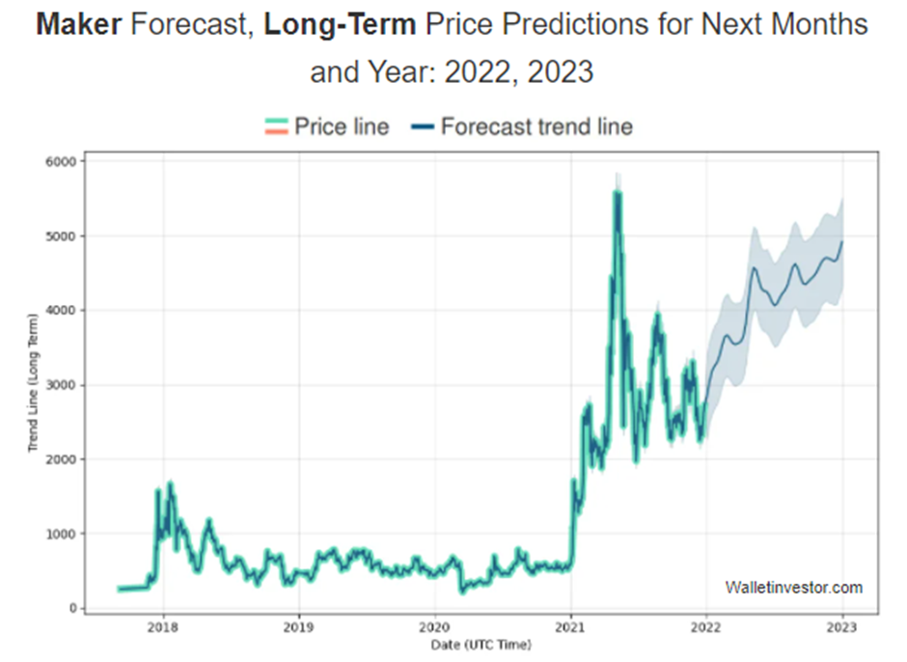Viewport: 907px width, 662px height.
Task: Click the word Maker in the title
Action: [x=78, y=25]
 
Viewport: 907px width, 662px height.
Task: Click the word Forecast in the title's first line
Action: [x=187, y=25]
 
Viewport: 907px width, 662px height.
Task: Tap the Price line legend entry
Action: [x=342, y=126]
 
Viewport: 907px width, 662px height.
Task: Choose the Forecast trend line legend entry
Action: [x=536, y=126]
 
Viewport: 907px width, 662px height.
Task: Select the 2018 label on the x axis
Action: [x=162, y=626]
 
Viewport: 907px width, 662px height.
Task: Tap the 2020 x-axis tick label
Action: [x=434, y=626]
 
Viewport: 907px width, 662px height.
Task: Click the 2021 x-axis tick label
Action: [x=570, y=626]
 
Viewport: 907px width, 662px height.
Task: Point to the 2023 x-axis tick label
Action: [x=842, y=626]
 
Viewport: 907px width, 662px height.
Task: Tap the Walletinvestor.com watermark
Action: [x=793, y=588]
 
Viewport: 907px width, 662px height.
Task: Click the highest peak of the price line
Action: [x=617, y=192]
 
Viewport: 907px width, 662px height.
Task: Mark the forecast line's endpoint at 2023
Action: [x=842, y=241]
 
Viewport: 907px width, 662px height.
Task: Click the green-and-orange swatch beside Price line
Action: [x=277, y=126]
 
